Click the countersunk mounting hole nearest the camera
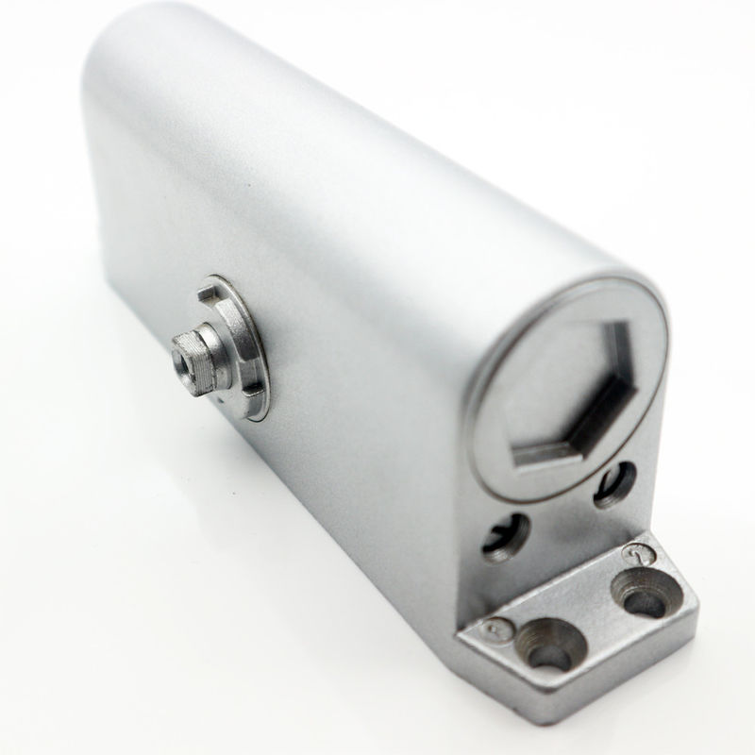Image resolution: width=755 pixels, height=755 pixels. pyautogui.click(x=545, y=646)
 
